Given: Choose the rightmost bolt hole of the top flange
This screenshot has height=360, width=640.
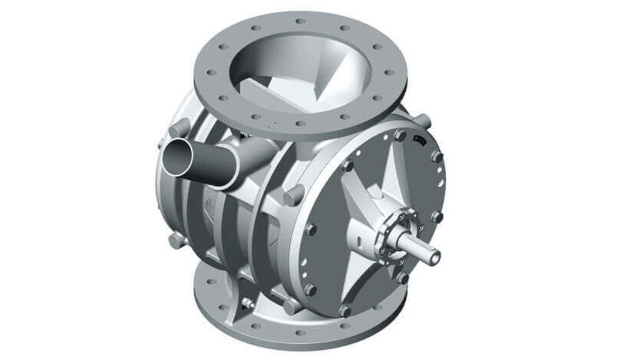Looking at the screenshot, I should [390, 72].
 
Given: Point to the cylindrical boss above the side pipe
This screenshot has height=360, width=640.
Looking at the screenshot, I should [180, 129].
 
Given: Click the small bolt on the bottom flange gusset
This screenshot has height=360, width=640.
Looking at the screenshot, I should [248, 303].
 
